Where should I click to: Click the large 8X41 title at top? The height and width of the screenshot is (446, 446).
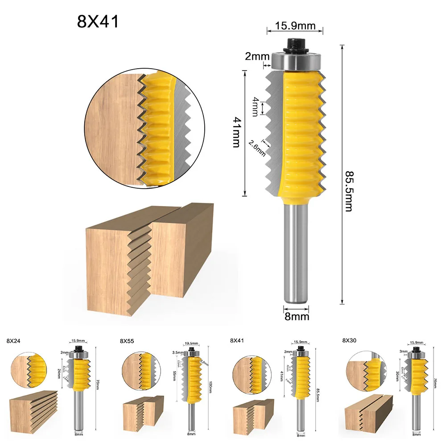coord(98,22)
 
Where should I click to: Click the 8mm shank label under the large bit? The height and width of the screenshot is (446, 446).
coord(296,317)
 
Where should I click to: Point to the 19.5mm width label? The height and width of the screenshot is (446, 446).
coord(191,343)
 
